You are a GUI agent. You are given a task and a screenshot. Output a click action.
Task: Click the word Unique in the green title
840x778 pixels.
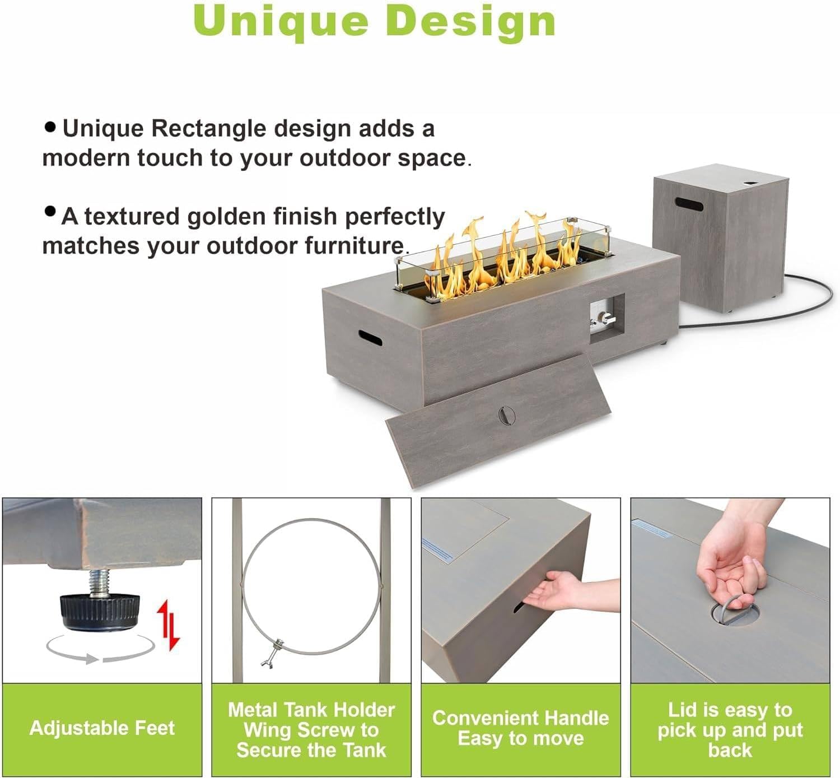click(281, 22)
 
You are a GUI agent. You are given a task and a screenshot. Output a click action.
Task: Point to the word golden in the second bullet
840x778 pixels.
click(227, 217)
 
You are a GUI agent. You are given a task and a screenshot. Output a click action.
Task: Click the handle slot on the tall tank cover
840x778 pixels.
click(689, 204)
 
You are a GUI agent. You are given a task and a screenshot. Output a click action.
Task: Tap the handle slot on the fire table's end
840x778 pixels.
click(370, 337)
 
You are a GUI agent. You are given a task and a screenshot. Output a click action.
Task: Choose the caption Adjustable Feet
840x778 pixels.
click(102, 728)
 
